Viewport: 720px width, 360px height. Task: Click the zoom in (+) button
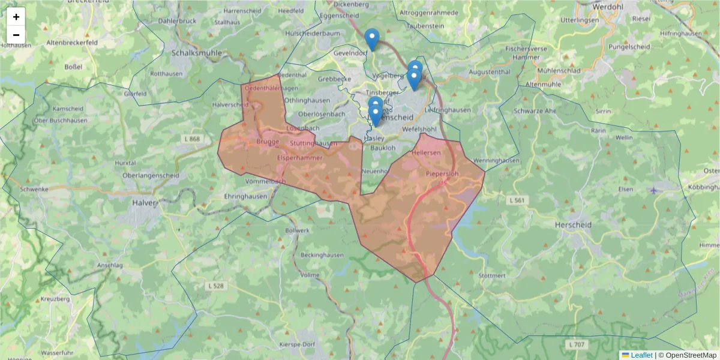coord(16,17)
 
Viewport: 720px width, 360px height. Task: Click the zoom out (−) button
coord(16,35)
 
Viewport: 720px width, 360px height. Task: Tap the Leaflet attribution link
coord(641,355)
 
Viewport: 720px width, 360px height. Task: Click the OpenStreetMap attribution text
coord(688,355)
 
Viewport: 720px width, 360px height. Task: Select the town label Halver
coord(145,203)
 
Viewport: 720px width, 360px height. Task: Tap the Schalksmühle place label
coord(197,53)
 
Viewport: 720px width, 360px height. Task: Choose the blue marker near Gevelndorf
coord(372,39)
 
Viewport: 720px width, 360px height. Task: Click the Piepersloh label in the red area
coord(442,174)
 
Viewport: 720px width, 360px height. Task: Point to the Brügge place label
coord(268,142)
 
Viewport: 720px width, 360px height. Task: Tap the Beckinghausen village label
coord(322,254)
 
